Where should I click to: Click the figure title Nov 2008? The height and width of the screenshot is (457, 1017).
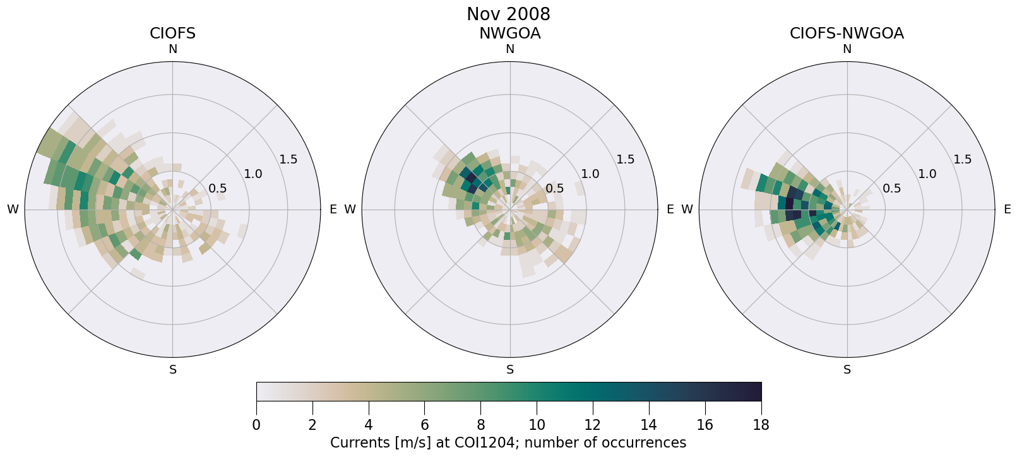508,14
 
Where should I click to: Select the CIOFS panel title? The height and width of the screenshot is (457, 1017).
172,33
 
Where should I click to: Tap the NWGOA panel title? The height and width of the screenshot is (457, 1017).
509,33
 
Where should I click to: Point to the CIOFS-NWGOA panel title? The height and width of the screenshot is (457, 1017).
847,33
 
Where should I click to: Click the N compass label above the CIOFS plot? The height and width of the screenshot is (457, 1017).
172,49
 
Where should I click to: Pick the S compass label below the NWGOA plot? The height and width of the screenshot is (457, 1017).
510,370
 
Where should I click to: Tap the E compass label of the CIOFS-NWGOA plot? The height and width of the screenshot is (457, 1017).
1007,210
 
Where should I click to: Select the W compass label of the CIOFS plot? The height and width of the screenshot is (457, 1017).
13,210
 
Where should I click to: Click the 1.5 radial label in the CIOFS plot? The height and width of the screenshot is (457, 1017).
288,159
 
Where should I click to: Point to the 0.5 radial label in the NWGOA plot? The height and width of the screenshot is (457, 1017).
555,188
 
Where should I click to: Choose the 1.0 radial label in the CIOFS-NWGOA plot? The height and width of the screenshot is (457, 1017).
927,174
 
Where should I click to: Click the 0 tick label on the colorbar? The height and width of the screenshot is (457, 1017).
256,425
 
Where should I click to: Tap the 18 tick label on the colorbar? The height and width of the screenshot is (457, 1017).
761,425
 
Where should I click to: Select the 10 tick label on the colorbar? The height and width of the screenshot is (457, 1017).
537,425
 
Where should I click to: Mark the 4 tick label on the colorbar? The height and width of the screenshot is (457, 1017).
369,425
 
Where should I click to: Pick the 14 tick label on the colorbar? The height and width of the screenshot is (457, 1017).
649,425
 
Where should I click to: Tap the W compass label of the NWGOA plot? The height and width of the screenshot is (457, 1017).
350,210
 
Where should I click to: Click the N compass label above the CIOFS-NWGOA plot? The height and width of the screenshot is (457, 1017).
847,49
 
